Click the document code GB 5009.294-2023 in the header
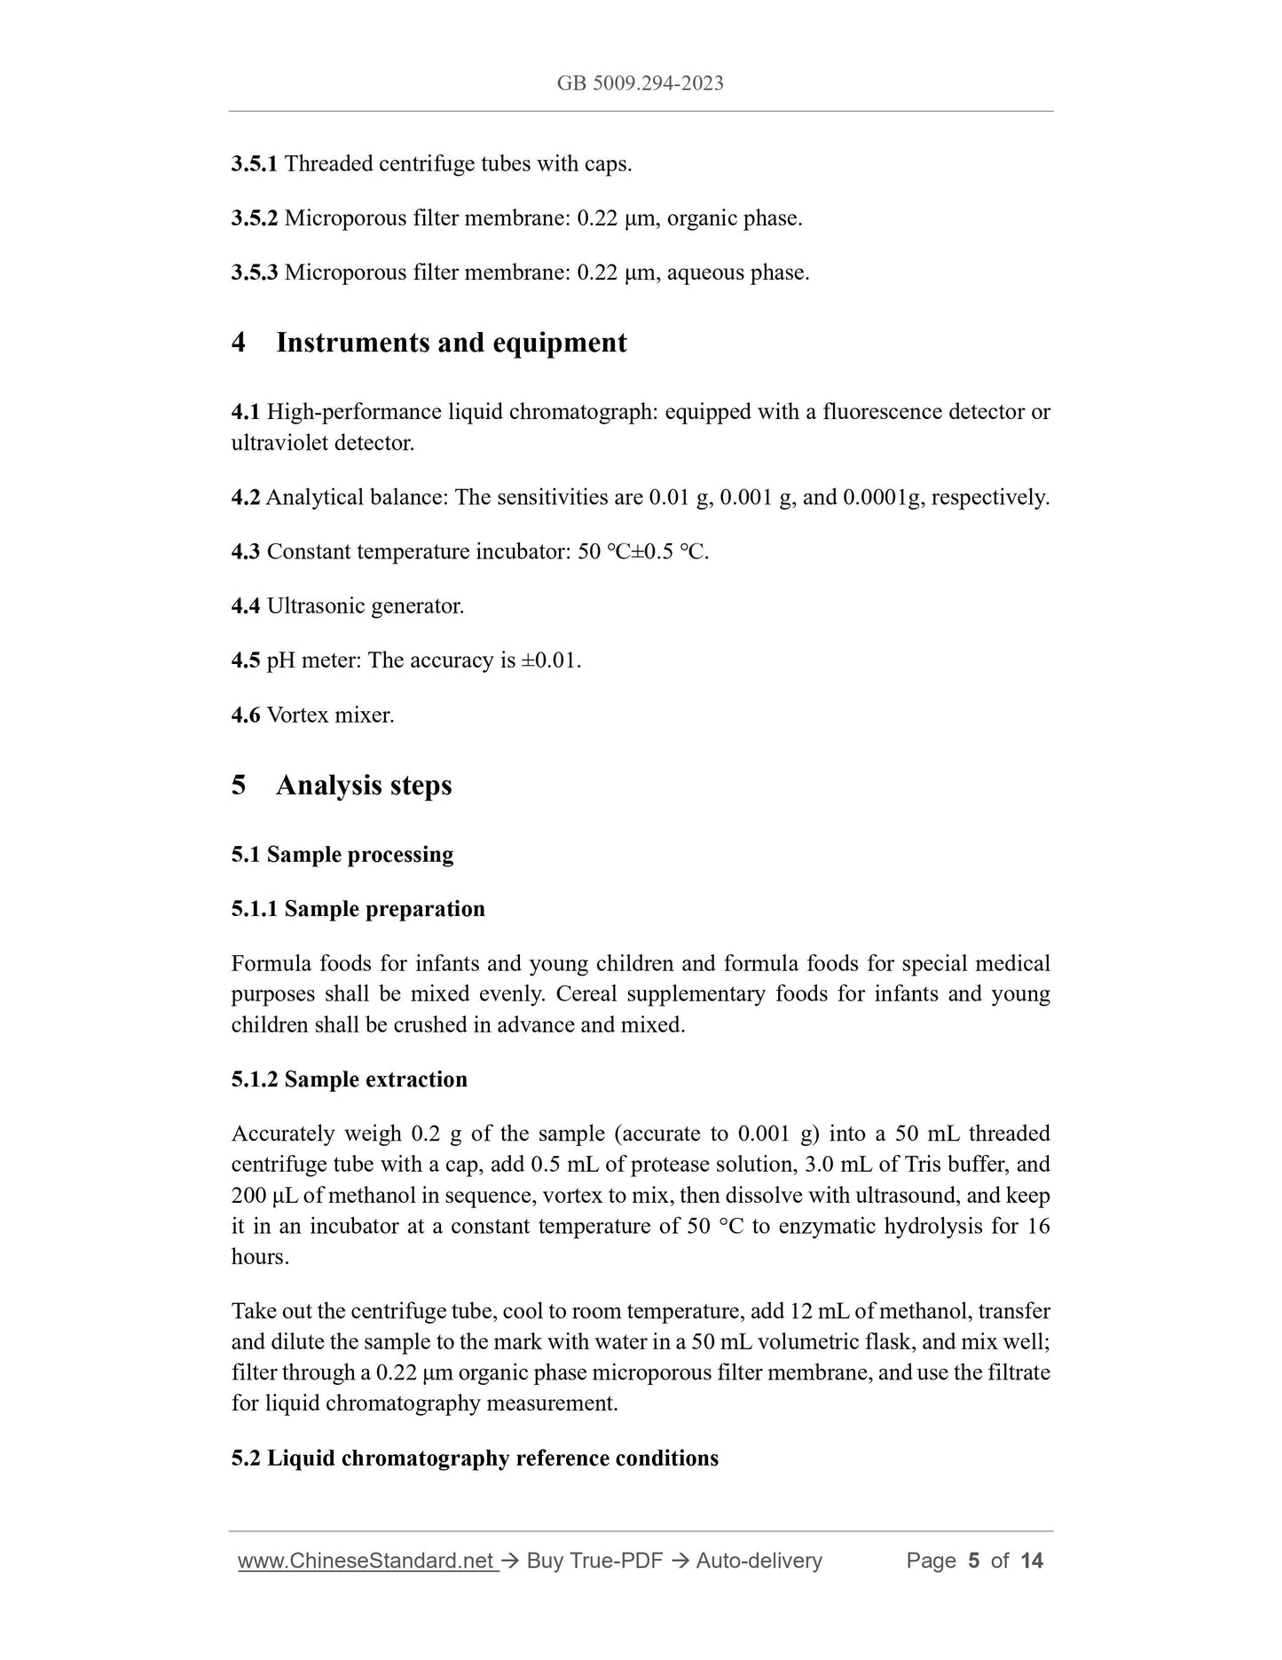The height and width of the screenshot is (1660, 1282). click(x=640, y=83)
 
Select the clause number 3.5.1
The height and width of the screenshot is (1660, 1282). click(x=255, y=164)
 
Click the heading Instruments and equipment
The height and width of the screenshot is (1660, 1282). click(x=451, y=343)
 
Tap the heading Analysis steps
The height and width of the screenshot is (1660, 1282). click(x=364, y=786)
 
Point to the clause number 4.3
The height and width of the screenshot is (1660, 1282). click(x=246, y=552)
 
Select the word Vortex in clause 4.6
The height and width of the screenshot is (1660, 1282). click(x=297, y=715)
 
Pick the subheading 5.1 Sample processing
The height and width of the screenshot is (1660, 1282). click(x=342, y=855)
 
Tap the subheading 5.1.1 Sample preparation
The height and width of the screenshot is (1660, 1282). click(x=358, y=909)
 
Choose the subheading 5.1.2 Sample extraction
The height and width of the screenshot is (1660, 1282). click(x=350, y=1079)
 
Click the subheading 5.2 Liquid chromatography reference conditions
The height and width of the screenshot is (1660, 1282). click(x=475, y=1458)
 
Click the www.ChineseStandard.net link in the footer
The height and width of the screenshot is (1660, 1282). click(x=366, y=1561)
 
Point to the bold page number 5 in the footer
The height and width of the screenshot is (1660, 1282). click(x=973, y=1561)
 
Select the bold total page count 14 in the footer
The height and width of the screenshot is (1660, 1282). click(x=1032, y=1561)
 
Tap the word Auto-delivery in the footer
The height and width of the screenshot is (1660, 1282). click(x=759, y=1561)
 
